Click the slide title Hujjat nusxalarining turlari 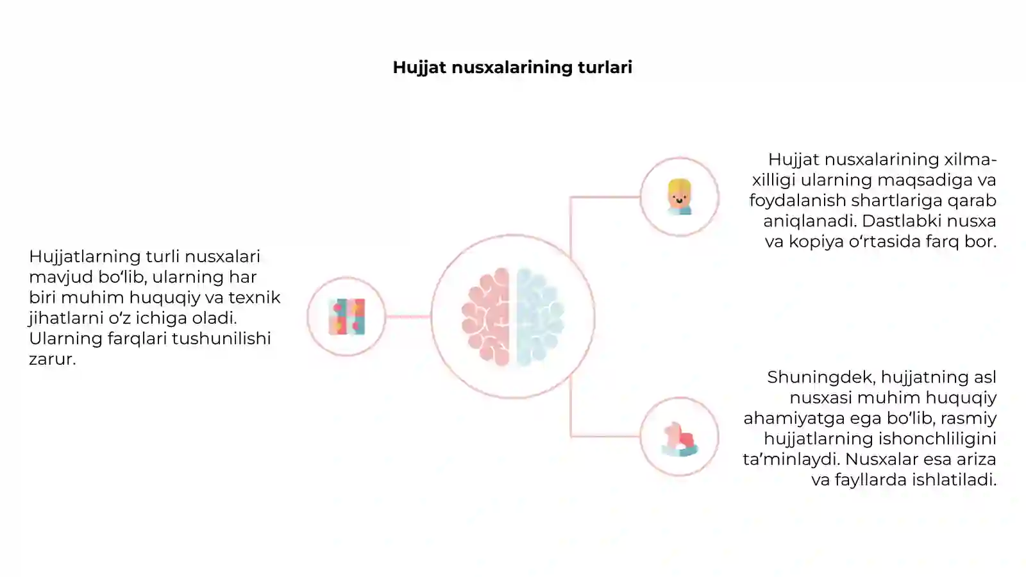tap(512, 67)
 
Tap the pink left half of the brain tap(486, 317)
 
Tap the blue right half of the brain tap(540, 317)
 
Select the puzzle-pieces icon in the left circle tap(347, 317)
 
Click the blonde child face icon tap(679, 197)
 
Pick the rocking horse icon tap(680, 439)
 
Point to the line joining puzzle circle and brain tap(408, 317)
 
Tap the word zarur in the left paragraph tap(52, 359)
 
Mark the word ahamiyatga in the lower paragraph tap(794, 419)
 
